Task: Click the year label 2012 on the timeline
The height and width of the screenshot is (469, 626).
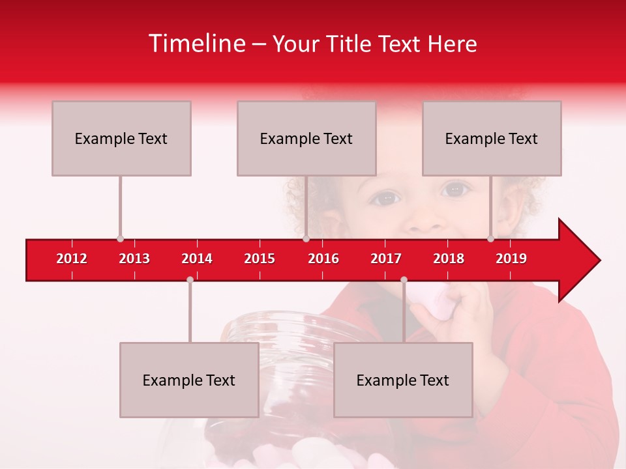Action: pyautogui.click(x=72, y=259)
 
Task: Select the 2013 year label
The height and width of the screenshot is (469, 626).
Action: pyautogui.click(x=134, y=259)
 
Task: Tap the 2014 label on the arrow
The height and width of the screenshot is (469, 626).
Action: pyautogui.click(x=197, y=259)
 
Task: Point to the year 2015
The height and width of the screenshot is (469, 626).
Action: pyautogui.click(x=260, y=259)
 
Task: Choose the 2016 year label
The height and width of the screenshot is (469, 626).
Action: pyautogui.click(x=323, y=259)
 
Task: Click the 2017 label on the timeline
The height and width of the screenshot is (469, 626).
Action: pyautogui.click(x=386, y=259)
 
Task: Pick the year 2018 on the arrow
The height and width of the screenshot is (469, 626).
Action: pyautogui.click(x=449, y=259)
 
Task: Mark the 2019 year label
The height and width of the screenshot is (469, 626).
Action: pyautogui.click(x=511, y=259)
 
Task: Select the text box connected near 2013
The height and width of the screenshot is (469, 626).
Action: pyautogui.click(x=121, y=138)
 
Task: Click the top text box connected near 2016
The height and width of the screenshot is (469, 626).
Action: pyautogui.click(x=306, y=138)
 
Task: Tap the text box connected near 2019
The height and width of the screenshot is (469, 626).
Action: pyautogui.click(x=492, y=138)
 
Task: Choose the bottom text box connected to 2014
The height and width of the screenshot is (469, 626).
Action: pyautogui.click(x=189, y=380)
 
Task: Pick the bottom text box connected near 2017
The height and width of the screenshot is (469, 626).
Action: pyautogui.click(x=403, y=380)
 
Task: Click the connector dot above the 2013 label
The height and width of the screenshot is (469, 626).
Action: pyautogui.click(x=120, y=239)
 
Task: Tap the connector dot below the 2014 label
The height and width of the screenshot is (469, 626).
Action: pyautogui.click(x=190, y=279)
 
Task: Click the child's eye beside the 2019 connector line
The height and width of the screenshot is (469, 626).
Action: pyautogui.click(x=455, y=190)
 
